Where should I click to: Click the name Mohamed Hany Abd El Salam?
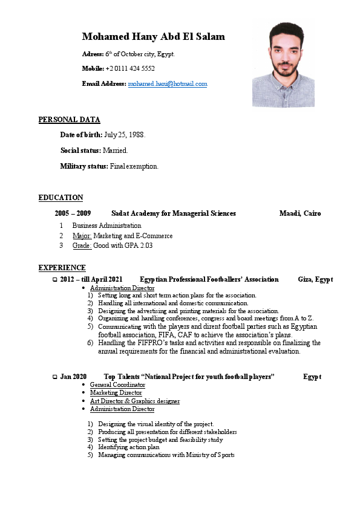point(153,37)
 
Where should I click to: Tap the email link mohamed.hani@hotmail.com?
point(168,84)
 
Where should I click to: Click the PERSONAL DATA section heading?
point(69,120)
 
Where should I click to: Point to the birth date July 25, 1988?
point(125,134)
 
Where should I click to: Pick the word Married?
point(116,150)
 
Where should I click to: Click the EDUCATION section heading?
point(61,198)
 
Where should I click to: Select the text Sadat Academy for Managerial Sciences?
point(174,213)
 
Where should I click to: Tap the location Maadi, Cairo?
point(300,213)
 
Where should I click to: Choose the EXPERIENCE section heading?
point(62,268)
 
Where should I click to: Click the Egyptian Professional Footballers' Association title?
point(209,279)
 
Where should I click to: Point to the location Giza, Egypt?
point(315,279)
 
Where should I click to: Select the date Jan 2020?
point(73,377)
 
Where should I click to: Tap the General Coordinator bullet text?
point(117,385)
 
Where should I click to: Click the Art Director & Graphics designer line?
point(134,401)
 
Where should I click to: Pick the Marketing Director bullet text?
point(116,393)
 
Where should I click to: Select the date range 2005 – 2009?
point(73,213)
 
